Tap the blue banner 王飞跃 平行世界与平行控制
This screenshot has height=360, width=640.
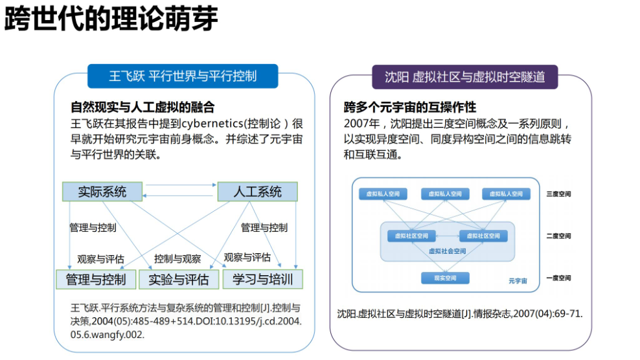[x=183, y=76]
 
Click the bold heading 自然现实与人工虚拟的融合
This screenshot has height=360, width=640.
[x=143, y=107]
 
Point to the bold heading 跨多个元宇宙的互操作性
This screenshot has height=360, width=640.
[x=409, y=107]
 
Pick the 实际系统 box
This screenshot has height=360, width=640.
[x=102, y=192]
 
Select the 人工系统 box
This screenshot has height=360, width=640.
[x=257, y=192]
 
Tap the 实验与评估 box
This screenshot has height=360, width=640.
[x=179, y=280]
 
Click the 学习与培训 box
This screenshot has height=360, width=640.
[x=262, y=280]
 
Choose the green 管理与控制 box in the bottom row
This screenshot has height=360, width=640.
[x=96, y=280]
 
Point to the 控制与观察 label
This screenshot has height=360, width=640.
[x=177, y=259]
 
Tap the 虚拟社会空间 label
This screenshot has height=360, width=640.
[x=447, y=251]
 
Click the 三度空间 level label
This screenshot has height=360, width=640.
[x=558, y=194]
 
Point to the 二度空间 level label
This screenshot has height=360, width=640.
[x=558, y=236]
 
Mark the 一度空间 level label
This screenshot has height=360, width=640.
[x=558, y=278]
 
